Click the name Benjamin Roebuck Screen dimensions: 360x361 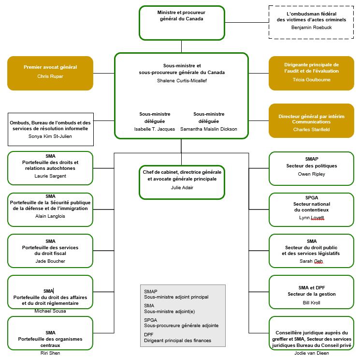pos(311,28)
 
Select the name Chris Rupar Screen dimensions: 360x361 pos(50,76)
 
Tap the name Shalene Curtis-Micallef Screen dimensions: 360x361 pos(181,81)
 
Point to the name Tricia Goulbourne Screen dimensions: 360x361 pos(311,79)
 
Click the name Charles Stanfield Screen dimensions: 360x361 pos(311,129)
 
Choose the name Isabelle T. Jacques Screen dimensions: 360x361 pos(155,129)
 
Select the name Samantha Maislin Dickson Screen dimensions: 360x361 pos(209,129)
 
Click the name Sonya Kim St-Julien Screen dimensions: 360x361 pos(50,136)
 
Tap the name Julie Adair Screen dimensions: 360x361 pos(181,187)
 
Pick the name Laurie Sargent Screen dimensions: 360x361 pos(50,176)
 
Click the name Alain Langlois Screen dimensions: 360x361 pos(50,216)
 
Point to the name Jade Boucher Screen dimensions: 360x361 pos(50,261)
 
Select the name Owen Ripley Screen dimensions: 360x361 pos(311,174)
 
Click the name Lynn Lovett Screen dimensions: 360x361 pos(311,218)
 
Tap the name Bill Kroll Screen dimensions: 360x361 pos(311,302)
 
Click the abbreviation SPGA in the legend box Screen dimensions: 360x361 pos(151,320)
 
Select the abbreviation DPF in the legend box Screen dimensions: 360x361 pos(148,334)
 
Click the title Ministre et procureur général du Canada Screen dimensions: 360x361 pos(181,15)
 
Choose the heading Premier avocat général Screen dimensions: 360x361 pos(50,67)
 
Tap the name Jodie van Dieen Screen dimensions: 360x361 pos(311,353)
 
